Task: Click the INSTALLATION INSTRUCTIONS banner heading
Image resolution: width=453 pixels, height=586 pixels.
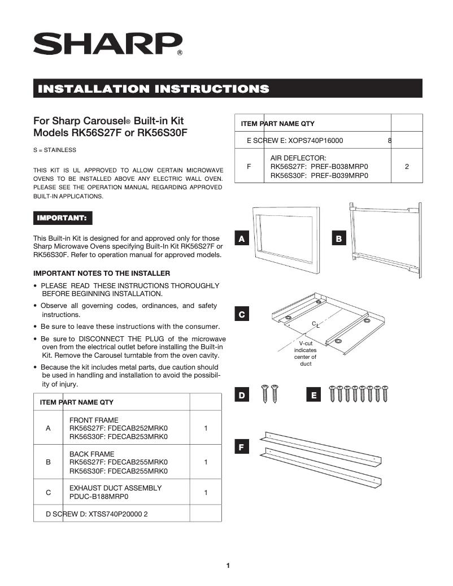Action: (x=153, y=89)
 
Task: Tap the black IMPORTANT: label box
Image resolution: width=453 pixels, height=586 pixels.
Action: (x=62, y=218)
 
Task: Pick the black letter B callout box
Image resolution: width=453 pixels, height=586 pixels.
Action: (x=338, y=239)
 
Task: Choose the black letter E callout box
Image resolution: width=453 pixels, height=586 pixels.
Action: (x=313, y=396)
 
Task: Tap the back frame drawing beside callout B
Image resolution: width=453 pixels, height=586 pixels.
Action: (x=385, y=240)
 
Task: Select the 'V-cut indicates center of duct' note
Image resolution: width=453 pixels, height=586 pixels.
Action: (x=306, y=353)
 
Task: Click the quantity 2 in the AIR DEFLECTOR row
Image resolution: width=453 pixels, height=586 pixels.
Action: (x=407, y=167)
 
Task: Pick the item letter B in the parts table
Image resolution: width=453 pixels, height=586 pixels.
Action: (x=48, y=462)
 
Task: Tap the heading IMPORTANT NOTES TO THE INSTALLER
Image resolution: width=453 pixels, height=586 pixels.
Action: (x=102, y=273)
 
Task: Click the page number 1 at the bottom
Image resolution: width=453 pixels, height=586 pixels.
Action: (x=228, y=565)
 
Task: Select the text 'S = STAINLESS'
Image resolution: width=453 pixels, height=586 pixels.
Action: (x=55, y=150)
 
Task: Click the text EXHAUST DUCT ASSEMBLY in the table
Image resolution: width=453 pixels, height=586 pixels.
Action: (x=115, y=488)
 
